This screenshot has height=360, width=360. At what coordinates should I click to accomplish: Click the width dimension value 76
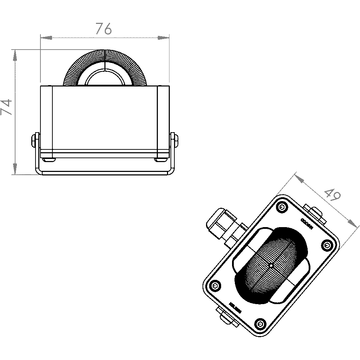pyautogui.click(x=104, y=29)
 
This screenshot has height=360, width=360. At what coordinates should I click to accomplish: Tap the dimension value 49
pyautogui.click(x=332, y=195)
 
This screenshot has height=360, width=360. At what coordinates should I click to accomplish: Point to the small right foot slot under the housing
pyautogui.click(x=161, y=160)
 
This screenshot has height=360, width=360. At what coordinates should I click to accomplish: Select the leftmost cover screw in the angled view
pyautogui.click(x=215, y=285)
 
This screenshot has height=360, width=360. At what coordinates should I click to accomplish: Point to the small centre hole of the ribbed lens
pyautogui.click(x=271, y=265)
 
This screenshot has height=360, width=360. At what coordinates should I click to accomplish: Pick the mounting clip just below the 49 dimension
pyautogui.click(x=314, y=213)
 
